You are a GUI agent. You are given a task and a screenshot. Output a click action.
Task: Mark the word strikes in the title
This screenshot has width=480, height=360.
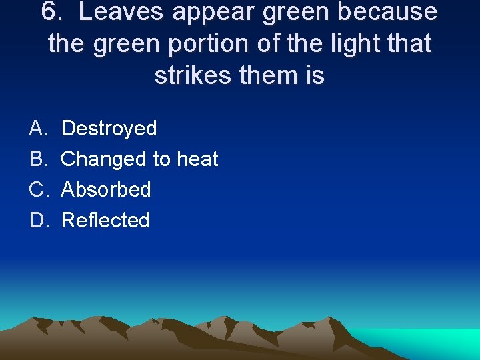click(193, 75)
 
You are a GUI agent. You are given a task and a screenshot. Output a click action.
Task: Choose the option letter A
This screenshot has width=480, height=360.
click(37, 128)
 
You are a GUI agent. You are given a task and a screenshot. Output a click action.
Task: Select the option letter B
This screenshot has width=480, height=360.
click(37, 159)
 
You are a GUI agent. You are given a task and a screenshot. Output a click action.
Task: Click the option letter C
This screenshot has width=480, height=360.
click(37, 189)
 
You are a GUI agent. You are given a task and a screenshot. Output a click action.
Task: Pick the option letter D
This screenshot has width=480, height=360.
click(37, 220)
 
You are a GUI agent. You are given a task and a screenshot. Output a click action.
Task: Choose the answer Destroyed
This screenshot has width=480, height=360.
click(109, 128)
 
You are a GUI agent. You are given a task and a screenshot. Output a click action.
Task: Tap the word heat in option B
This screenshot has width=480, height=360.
click(197, 159)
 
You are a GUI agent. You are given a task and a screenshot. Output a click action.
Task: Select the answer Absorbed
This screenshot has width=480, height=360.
click(106, 189)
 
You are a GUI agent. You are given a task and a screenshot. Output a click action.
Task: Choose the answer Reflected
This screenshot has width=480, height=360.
click(105, 220)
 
